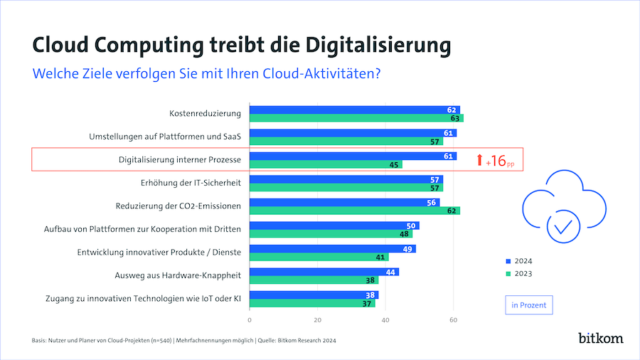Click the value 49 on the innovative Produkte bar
[x=409, y=249]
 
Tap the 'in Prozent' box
[x=528, y=305]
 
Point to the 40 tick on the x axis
[x=385, y=319]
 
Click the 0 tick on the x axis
[x=250, y=319]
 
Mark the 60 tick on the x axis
[x=453, y=319]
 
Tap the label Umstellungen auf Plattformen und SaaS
[x=165, y=137]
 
